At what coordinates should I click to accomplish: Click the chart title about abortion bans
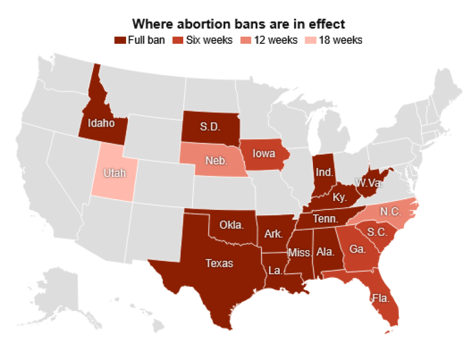coord(238,24)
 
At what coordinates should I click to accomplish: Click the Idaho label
coord(101,124)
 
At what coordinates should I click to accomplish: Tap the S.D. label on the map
coord(210,127)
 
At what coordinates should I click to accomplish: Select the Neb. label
coord(215,161)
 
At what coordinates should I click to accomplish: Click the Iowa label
coord(264,153)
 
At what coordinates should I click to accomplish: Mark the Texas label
coord(219,263)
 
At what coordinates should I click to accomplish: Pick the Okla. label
coord(231,226)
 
